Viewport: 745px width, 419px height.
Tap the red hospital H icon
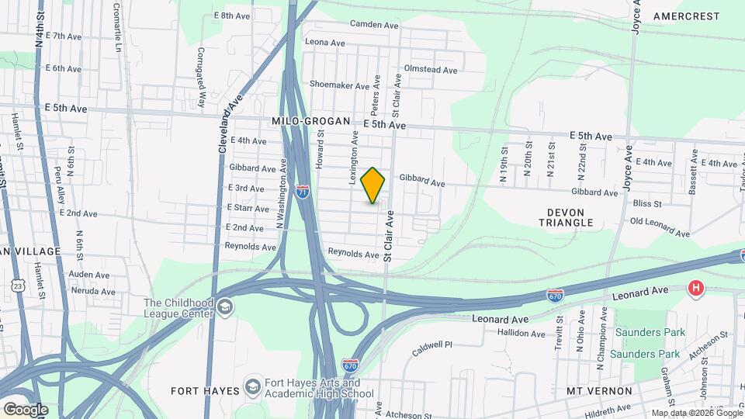pyautogui.click(x=696, y=289)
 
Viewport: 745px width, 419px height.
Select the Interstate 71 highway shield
pyautogui.click(x=303, y=191)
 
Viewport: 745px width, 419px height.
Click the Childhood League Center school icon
pyautogui.click(x=225, y=308)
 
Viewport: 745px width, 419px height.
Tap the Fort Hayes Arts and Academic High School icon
pyautogui.click(x=252, y=386)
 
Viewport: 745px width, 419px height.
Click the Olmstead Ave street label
pyautogui.click(x=431, y=70)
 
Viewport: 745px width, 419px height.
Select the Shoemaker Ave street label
pyautogui.click(x=338, y=85)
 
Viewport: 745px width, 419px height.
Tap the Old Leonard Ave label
pyautogui.click(x=659, y=227)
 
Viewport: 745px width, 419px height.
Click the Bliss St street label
pyautogui.click(x=646, y=204)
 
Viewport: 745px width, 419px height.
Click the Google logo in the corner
pyautogui.click(x=26, y=410)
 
